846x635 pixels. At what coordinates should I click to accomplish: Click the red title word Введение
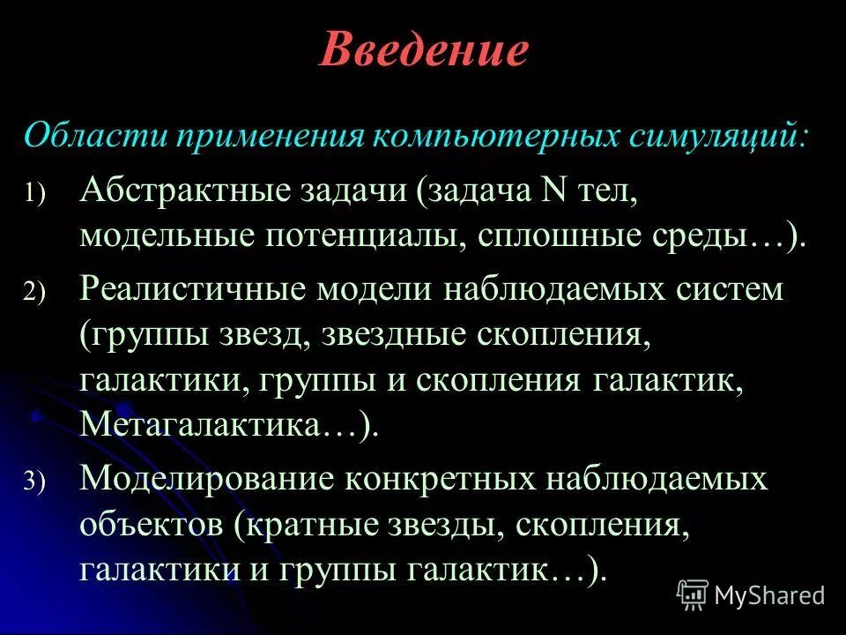(x=423, y=51)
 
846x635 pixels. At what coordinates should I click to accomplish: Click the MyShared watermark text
(x=768, y=595)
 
